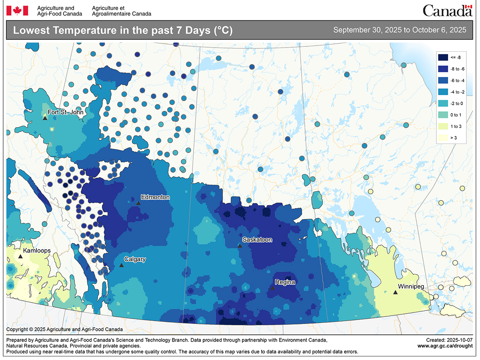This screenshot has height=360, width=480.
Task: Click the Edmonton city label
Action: tap(155, 197)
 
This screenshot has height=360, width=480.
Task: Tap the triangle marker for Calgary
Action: tap(122, 265)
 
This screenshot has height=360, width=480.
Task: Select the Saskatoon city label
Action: tap(257, 240)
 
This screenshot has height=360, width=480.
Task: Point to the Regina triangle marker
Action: tap(272, 288)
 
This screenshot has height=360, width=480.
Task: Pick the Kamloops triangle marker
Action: tap(20, 256)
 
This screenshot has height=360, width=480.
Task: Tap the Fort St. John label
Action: tap(66, 112)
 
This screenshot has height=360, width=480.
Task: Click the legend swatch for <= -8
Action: tap(444, 57)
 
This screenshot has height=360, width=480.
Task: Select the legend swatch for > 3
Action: tap(444, 138)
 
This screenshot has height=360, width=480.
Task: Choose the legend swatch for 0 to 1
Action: tap(444, 115)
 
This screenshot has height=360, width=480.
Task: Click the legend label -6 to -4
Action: tap(457, 80)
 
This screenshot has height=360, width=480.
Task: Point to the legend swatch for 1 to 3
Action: tap(444, 126)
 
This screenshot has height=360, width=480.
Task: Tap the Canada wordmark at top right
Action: tap(447, 11)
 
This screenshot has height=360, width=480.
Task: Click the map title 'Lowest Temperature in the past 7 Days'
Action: tap(123, 30)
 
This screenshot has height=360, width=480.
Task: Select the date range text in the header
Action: tap(400, 30)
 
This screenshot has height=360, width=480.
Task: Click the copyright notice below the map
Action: tap(64, 330)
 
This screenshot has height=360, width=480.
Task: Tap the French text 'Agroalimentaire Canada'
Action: tap(122, 14)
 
